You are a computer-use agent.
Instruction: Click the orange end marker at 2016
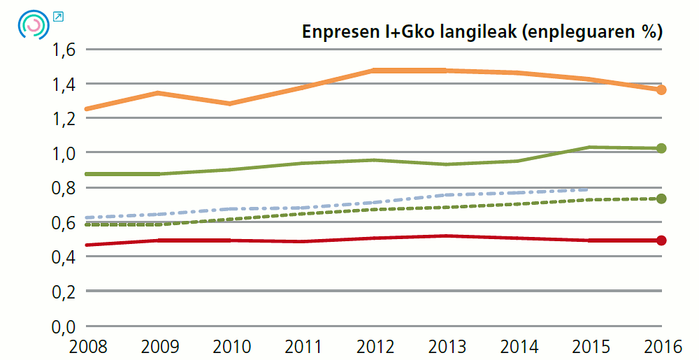click(661, 89)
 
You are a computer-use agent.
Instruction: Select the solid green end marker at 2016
click(661, 148)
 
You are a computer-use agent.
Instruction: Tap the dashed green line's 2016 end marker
click(661, 199)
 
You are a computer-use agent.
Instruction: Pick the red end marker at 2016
click(661, 240)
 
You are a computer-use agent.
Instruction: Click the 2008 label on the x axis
click(85, 345)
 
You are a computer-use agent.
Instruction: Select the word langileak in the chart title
click(475, 32)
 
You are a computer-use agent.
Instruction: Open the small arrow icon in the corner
click(59, 17)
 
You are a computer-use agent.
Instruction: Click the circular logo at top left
click(33, 24)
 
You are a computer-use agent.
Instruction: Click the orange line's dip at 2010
click(229, 103)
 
